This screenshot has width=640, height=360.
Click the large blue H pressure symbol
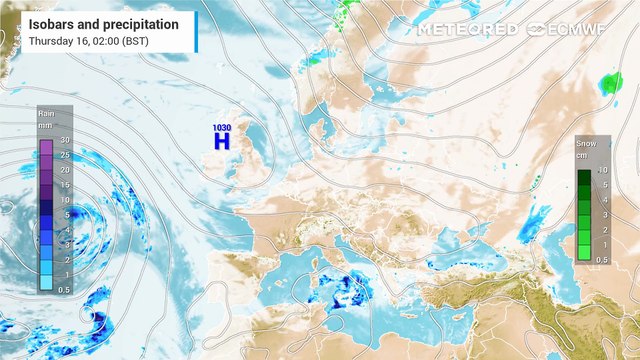click(222, 142)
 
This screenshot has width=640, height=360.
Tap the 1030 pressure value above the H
click(222, 127)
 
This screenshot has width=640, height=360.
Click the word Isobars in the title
click(55, 23)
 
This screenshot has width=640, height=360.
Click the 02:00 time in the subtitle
click(98, 41)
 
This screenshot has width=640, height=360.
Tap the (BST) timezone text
click(132, 41)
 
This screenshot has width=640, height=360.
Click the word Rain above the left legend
click(45, 115)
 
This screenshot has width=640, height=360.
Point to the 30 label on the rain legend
click(63, 140)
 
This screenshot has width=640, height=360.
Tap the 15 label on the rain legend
click(63, 185)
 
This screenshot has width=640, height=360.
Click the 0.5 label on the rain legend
click(63, 290)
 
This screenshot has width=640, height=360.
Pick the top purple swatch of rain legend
click(46, 147)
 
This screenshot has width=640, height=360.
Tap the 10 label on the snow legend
click(602, 171)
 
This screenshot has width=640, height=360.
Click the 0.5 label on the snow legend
click(602, 260)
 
